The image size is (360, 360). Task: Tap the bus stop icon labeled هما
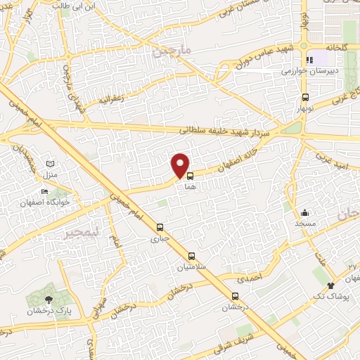coord(190,177)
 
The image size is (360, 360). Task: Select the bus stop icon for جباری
coord(160,227)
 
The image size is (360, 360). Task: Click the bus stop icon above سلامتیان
coord(191,255)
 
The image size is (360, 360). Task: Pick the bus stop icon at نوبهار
coord(305,98)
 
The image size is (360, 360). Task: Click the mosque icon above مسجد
coord(305,212)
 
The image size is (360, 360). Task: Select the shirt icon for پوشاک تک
coord(331,285)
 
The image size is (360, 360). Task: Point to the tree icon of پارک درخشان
coord(48,300)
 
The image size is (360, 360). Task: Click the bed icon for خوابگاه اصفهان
coord(45,192)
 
